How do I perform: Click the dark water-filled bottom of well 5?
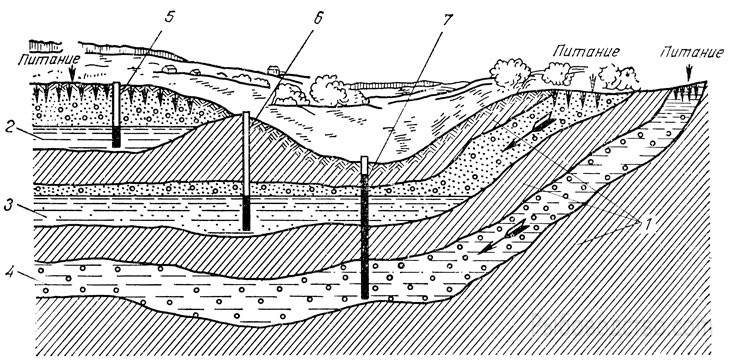(116, 136)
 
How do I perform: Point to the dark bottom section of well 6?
(246, 213)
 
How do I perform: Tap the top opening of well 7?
(365, 159)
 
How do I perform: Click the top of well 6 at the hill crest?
(246, 114)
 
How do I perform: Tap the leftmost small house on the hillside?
(168, 68)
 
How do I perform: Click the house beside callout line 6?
(275, 70)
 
